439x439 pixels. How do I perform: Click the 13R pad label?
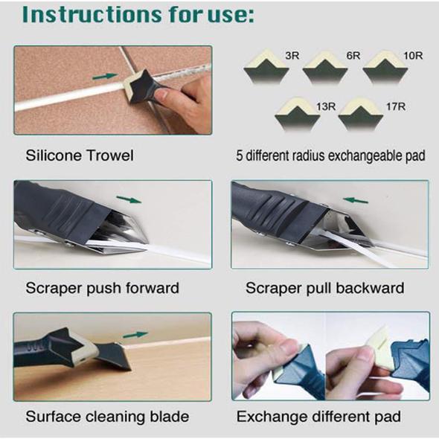(325, 106)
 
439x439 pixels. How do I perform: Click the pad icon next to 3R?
(266, 68)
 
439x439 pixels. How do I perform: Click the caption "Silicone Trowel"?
(80, 157)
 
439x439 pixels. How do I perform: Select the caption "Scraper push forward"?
(103, 287)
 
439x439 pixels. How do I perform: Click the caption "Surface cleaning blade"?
(107, 416)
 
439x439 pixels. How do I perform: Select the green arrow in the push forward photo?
(129, 199)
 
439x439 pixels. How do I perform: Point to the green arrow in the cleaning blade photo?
(135, 335)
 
